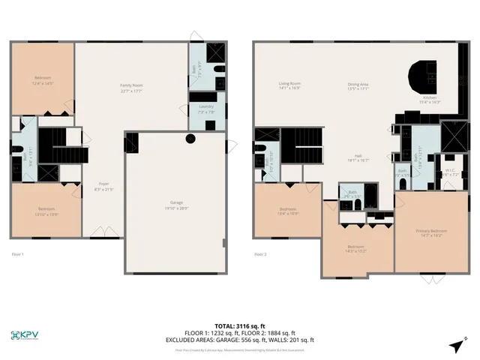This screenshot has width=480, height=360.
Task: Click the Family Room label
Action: click(x=132, y=87)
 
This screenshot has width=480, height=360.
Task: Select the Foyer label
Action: click(x=103, y=185)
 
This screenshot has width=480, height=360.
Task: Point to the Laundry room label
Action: click(x=206, y=108)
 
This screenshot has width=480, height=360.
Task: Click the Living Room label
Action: click(x=289, y=85)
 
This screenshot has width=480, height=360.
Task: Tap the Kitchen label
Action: click(x=431, y=100)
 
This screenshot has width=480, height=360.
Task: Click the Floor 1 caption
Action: click(x=18, y=254)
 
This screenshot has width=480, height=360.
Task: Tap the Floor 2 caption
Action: click(x=261, y=254)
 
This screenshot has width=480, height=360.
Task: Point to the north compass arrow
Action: click(x=457, y=345)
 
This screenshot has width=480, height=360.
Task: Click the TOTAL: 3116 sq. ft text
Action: click(x=239, y=326)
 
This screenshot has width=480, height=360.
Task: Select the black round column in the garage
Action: click(x=190, y=138)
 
